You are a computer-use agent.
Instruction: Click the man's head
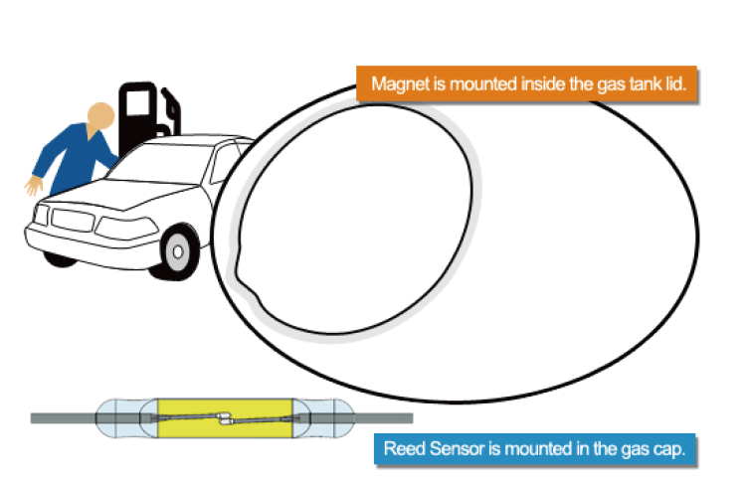[x=101, y=115]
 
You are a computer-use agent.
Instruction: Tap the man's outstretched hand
[x=34, y=186]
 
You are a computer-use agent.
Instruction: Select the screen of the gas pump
[x=139, y=102]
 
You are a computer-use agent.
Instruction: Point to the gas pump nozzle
[x=171, y=107]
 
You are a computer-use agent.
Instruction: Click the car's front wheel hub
[x=178, y=251]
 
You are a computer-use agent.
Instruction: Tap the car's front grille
[x=73, y=220]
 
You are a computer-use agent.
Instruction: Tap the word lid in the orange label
[x=675, y=83]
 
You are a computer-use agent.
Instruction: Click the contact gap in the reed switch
[x=225, y=418]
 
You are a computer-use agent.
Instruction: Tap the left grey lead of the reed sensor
[x=64, y=418]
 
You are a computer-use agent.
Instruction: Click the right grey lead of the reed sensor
[x=384, y=418]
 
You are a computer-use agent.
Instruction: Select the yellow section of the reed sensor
[x=225, y=418]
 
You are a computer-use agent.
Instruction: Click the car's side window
[x=223, y=163]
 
